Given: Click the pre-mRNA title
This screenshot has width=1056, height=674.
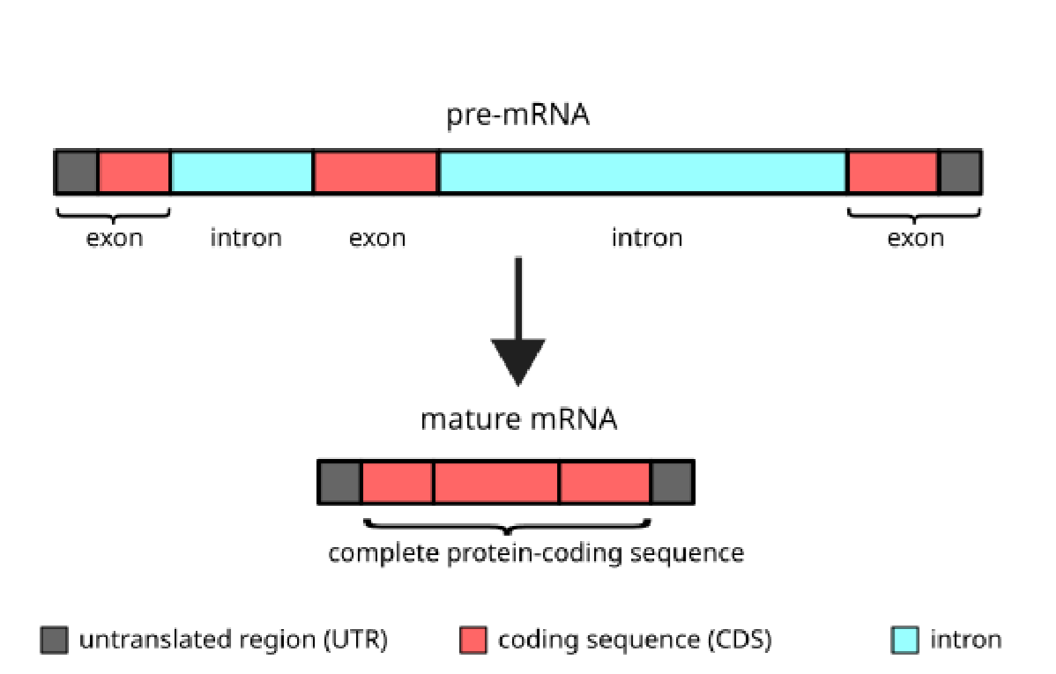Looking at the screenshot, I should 517,115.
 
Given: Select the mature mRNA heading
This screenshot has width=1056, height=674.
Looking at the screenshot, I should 518,419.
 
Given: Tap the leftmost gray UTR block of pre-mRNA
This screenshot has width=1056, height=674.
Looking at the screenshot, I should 77,172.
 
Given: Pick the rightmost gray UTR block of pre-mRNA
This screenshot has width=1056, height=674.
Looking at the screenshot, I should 959,172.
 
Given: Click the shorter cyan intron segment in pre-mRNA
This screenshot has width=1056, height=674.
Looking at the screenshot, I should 242,172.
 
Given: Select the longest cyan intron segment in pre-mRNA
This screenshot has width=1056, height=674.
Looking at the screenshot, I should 643,172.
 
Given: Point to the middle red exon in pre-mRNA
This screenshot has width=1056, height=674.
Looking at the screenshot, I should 376,172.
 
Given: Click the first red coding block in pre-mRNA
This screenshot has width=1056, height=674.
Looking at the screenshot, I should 134,172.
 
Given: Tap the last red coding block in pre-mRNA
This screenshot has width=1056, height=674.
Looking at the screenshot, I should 892,172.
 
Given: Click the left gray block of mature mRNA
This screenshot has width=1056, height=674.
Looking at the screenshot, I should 339,482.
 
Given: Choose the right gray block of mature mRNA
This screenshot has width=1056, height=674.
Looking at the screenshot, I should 672,482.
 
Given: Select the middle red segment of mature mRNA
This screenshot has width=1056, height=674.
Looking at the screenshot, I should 496,482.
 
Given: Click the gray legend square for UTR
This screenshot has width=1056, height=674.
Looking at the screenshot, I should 54,640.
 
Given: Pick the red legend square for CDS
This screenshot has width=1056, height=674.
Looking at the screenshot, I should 473,640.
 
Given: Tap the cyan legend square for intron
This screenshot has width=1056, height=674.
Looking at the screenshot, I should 904,640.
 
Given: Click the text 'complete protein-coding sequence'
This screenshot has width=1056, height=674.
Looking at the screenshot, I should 536,553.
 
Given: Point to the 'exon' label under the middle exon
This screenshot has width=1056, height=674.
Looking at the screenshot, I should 377,238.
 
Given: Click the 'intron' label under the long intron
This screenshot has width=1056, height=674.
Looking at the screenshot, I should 647,238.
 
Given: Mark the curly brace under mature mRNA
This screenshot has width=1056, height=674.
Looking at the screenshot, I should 507,527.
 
